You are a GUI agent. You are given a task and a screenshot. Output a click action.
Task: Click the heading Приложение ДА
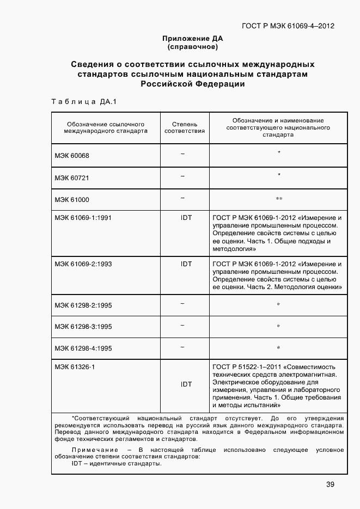(192, 39)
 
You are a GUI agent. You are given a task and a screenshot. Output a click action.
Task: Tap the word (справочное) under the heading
(192, 47)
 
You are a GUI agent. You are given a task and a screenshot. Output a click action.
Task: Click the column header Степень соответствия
(185, 127)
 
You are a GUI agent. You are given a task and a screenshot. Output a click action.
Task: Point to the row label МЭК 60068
(71, 156)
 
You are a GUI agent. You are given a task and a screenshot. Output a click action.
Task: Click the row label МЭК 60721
(71, 178)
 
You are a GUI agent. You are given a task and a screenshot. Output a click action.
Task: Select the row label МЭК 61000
(71, 200)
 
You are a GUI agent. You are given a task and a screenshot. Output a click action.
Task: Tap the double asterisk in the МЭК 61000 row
(278, 199)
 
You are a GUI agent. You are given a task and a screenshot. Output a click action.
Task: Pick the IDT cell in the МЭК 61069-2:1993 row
(186, 263)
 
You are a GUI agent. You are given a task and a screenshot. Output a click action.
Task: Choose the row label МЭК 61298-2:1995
(83, 305)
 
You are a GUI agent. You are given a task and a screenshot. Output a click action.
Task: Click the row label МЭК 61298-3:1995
(83, 327)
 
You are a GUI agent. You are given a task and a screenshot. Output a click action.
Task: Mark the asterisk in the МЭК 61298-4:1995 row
(278, 348)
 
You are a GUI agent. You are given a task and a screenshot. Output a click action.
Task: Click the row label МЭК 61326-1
(75, 367)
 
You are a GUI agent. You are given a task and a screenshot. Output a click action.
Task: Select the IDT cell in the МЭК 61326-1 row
(186, 384)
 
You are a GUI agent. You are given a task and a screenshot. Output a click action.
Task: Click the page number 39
(330, 485)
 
